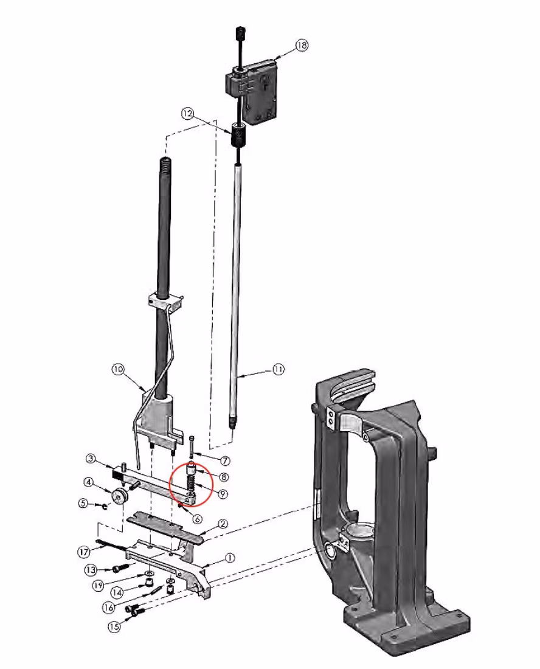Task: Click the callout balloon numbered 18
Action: [x=302, y=45]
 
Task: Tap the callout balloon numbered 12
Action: [x=187, y=114]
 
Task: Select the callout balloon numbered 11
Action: [x=278, y=369]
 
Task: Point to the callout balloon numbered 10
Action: [x=118, y=369]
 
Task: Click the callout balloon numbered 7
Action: [x=225, y=461]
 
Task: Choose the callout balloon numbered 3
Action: [x=91, y=459]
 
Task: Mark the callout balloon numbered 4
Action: [x=88, y=482]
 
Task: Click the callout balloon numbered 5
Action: [x=83, y=504]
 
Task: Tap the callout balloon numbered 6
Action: [x=197, y=519]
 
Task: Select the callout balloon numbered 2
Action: [x=223, y=524]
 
